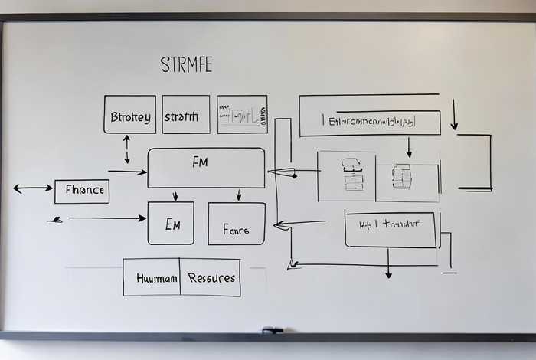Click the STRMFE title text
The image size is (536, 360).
pos(186,64)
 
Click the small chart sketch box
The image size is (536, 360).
pos(242,115)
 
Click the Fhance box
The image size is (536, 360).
pos(82,191)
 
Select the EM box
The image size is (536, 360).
pos(171,224)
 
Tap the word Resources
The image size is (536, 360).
pos(211,277)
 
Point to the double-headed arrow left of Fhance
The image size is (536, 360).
pos(33,188)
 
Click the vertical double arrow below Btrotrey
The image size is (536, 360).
pos(127,149)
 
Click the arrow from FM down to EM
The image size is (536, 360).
pos(175,195)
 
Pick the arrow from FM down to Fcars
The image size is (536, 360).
pos(239,195)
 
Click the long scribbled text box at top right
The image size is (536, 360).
pos(370,121)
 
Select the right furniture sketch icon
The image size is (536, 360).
pos(402,176)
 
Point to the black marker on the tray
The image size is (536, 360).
pos(273,331)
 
